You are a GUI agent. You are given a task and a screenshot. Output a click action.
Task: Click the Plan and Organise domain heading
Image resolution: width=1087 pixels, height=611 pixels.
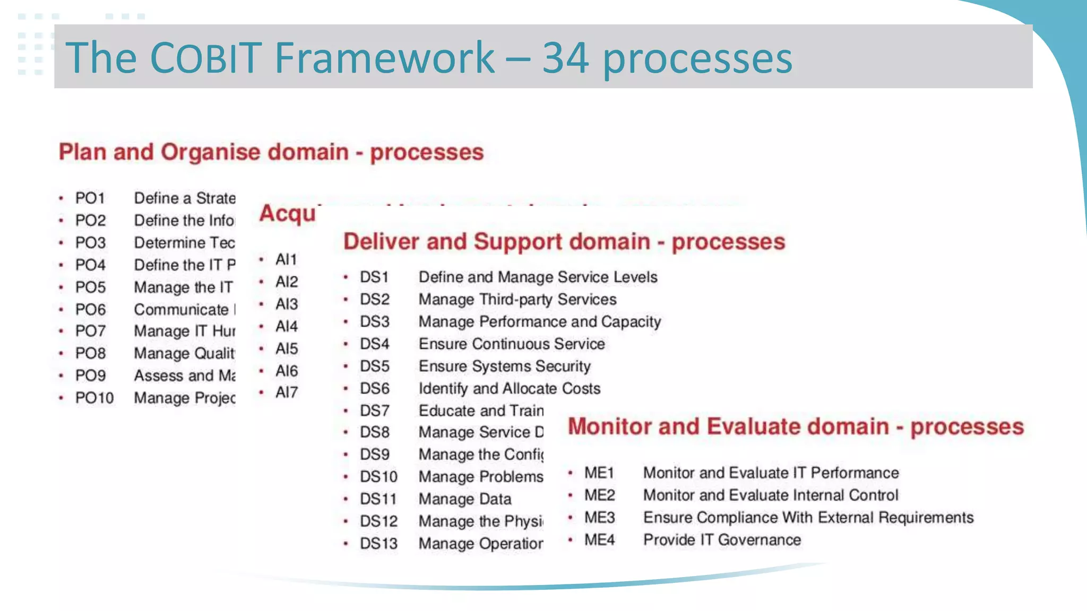pos(271,152)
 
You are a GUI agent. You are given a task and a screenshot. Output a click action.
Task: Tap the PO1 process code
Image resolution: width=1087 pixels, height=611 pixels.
pos(90,198)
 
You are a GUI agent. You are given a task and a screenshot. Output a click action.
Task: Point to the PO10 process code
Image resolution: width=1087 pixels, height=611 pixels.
pos(94,398)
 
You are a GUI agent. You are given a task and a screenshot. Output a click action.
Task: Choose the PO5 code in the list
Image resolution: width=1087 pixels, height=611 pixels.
pos(90,287)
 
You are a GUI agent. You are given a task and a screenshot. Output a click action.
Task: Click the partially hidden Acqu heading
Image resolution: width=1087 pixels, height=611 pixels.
pos(287,214)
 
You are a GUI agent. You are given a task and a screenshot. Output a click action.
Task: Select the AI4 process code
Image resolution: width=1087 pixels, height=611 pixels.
pos(286,326)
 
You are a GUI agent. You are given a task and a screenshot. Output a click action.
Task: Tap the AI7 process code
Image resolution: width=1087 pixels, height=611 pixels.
pos(286,392)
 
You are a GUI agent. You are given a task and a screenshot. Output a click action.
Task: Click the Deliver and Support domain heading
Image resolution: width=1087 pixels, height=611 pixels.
pos(564,242)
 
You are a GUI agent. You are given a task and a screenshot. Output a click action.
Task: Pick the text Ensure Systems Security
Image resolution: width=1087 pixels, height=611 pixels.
pos(504,366)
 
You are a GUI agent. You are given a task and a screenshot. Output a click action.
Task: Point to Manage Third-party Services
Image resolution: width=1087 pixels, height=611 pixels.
pos(517,300)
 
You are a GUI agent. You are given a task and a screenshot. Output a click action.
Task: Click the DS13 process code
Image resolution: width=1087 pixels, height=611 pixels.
pos(378,544)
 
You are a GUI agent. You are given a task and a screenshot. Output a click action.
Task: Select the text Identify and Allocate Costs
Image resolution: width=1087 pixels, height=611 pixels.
pos(510,389)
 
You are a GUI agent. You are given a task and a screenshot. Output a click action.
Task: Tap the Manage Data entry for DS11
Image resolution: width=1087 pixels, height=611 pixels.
pos(465,499)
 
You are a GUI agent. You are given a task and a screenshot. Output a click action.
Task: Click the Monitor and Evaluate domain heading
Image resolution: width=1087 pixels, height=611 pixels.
pos(795,427)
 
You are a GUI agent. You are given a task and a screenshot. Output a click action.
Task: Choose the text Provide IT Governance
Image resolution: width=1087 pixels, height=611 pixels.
pos(722,540)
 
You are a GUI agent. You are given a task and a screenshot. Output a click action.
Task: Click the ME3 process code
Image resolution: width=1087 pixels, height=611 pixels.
pos(599,518)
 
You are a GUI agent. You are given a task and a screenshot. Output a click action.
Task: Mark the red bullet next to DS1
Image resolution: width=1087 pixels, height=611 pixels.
pos(346,277)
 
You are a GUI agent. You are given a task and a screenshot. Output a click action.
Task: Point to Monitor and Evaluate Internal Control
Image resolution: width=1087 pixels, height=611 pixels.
pos(771,495)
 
